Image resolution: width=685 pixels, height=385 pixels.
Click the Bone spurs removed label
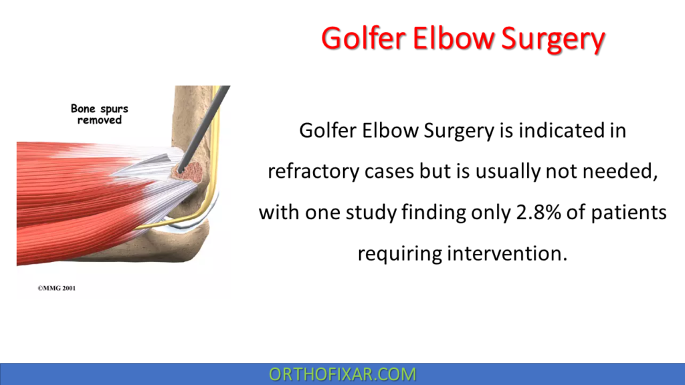point(99,114)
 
